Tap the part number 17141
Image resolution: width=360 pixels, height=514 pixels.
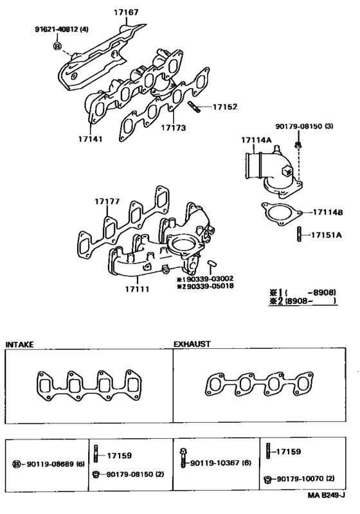tap(90, 138)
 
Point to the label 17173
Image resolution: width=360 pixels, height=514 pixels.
tap(173, 128)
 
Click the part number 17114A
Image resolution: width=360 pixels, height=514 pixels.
tap(256, 140)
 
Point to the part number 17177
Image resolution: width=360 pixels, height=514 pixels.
tap(107, 202)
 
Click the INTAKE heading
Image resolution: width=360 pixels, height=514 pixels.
tap(21, 345)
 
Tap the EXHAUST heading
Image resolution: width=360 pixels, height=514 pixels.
tap(192, 345)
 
